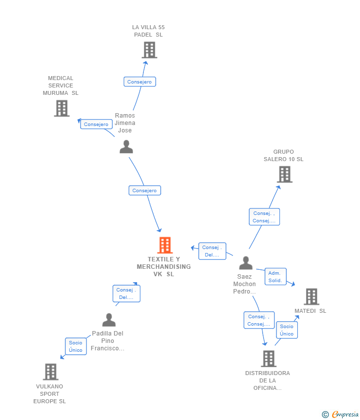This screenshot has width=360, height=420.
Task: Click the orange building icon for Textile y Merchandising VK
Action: click(x=165, y=245)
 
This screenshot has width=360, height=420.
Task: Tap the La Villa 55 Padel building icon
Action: click(x=149, y=50)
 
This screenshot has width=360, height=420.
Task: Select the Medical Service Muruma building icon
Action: click(x=62, y=108)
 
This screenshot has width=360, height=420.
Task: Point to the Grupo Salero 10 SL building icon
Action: click(x=284, y=174)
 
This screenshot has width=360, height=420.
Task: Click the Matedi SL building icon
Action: click(x=311, y=296)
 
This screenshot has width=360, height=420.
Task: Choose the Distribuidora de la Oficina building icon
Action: click(x=269, y=359)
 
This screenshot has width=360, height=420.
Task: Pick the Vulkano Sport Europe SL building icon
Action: click(x=50, y=372)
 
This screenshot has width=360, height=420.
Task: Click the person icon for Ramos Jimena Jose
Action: click(x=126, y=147)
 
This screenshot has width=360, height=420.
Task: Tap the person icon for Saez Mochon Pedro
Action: click(x=245, y=263)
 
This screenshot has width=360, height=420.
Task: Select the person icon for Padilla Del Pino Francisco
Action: click(x=109, y=320)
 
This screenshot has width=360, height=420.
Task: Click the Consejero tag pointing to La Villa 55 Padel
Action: click(x=139, y=82)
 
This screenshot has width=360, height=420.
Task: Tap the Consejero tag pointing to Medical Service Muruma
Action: click(x=96, y=124)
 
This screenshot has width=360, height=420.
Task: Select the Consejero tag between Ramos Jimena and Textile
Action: click(x=145, y=190)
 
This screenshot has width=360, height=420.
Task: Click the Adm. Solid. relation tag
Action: click(x=275, y=277)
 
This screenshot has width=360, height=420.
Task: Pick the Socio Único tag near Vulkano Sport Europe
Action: click(x=76, y=346)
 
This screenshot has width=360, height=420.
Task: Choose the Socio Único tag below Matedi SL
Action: click(x=287, y=330)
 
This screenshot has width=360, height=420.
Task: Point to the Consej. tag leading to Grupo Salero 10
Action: click(x=264, y=217)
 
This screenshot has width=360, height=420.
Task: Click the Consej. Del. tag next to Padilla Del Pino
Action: click(x=126, y=294)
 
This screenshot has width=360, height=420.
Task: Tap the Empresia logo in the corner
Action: click(x=340, y=414)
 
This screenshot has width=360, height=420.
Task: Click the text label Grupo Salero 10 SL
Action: click(x=283, y=156)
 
